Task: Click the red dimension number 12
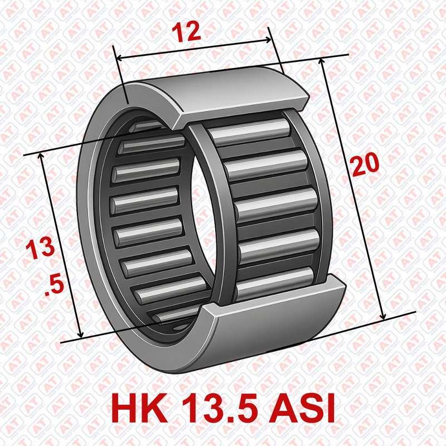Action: coord(187,32)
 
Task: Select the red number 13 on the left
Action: coord(40,248)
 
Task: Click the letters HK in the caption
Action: coord(139,409)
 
